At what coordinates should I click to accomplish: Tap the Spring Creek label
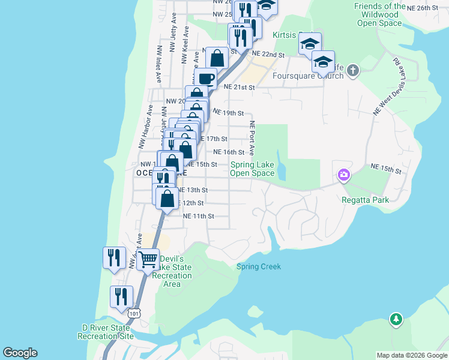click(x=258, y=266)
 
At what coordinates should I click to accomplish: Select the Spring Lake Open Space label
click(x=252, y=169)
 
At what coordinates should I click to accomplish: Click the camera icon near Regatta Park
click(x=343, y=175)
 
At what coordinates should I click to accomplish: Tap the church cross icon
click(x=352, y=70)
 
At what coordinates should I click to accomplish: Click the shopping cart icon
click(x=148, y=260)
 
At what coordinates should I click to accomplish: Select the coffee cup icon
click(x=205, y=79)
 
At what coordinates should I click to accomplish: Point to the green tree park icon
click(x=396, y=319)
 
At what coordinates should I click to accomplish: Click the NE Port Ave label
click(x=252, y=137)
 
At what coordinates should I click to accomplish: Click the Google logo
click(x=20, y=353)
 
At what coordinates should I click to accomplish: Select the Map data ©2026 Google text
click(x=412, y=355)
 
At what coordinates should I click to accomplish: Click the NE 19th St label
click(x=228, y=113)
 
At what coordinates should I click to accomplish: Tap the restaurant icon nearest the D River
click(x=121, y=296)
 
